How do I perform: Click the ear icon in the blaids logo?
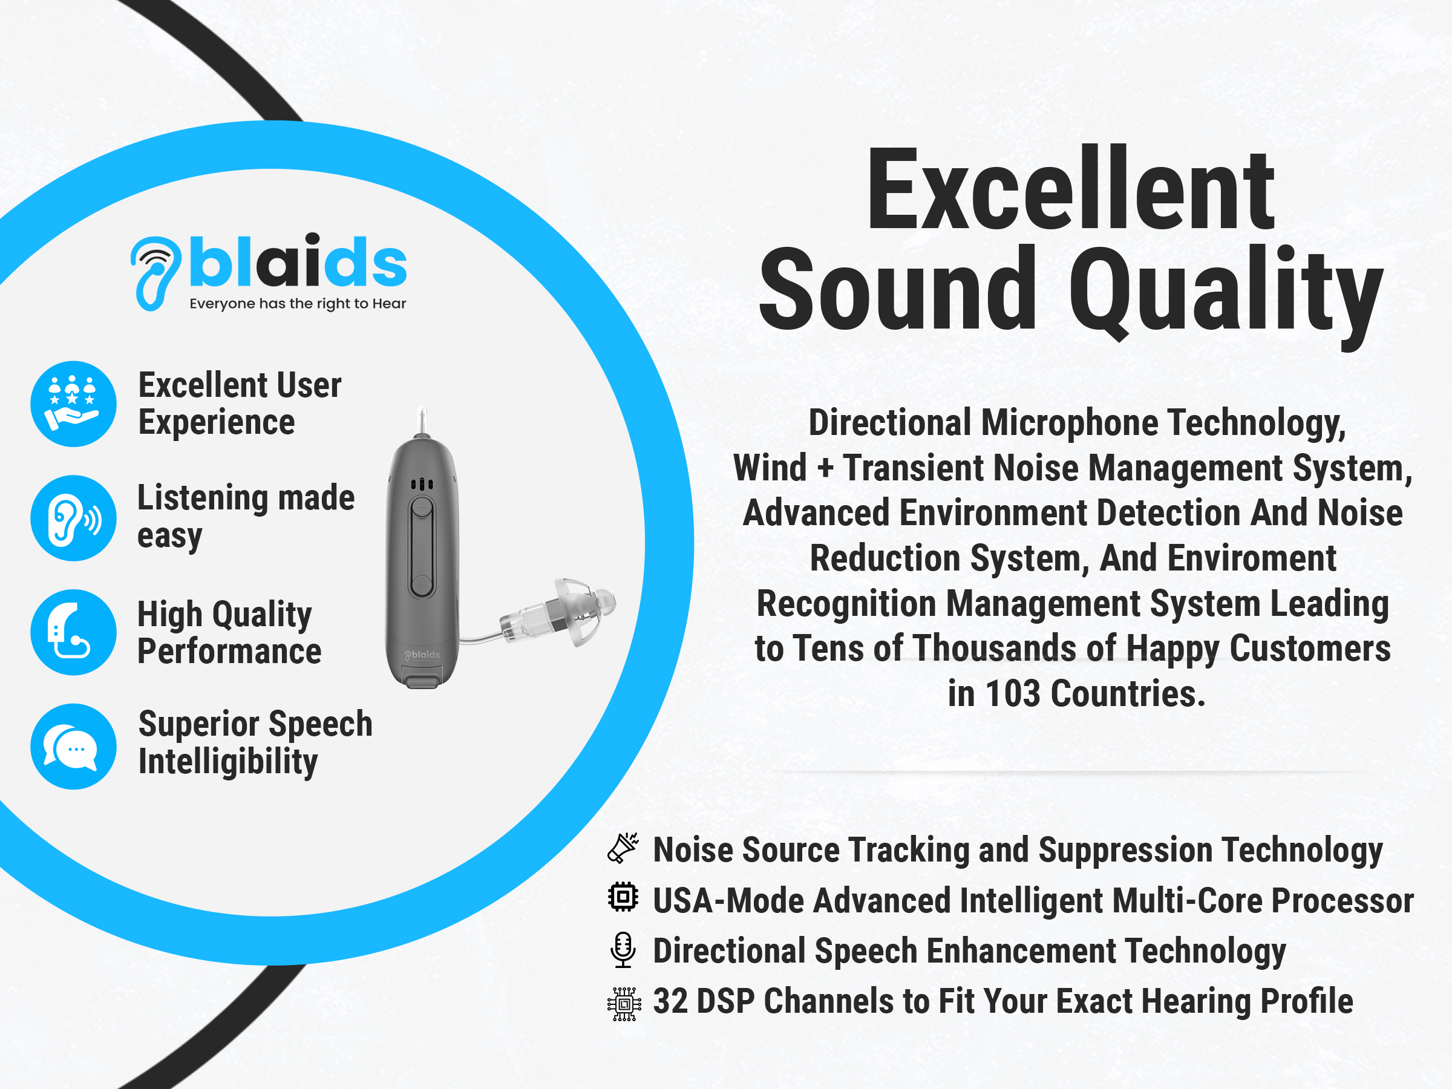pos(155,272)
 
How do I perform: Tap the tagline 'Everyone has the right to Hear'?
pos(298,304)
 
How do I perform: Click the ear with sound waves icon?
pos(74,518)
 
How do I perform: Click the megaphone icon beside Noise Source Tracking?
pos(623,848)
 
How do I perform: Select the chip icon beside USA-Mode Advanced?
pos(623,897)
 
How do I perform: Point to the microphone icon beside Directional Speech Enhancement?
pos(623,950)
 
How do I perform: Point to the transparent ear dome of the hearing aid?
pos(584,610)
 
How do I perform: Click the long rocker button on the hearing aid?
pos(422,548)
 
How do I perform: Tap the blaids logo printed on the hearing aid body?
pos(422,655)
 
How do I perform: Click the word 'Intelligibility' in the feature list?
pos(227,763)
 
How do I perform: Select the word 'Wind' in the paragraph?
pos(770,468)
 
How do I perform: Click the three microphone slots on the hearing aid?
pos(422,484)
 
